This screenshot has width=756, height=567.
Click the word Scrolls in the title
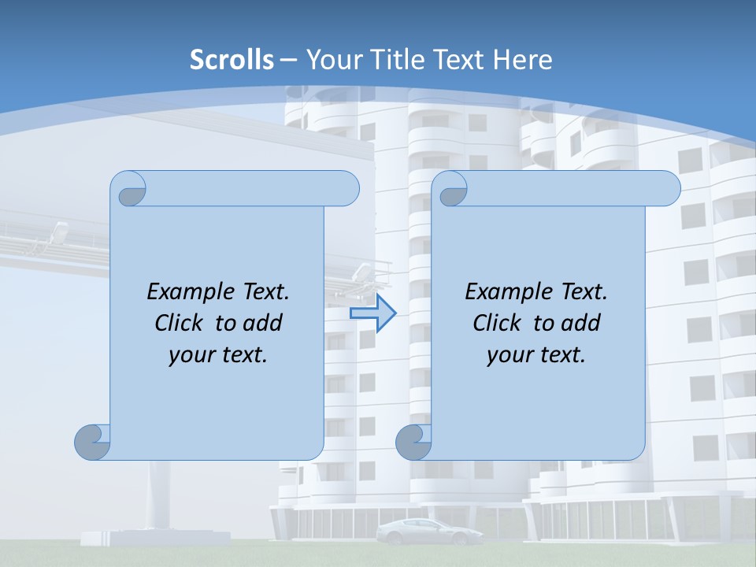[x=232, y=60]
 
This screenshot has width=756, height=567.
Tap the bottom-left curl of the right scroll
[x=413, y=442]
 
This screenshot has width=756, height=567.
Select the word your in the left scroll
[x=191, y=355]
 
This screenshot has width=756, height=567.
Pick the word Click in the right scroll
[x=497, y=324]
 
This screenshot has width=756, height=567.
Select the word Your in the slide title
[x=332, y=60]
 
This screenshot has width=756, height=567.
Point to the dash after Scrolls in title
[x=288, y=60]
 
